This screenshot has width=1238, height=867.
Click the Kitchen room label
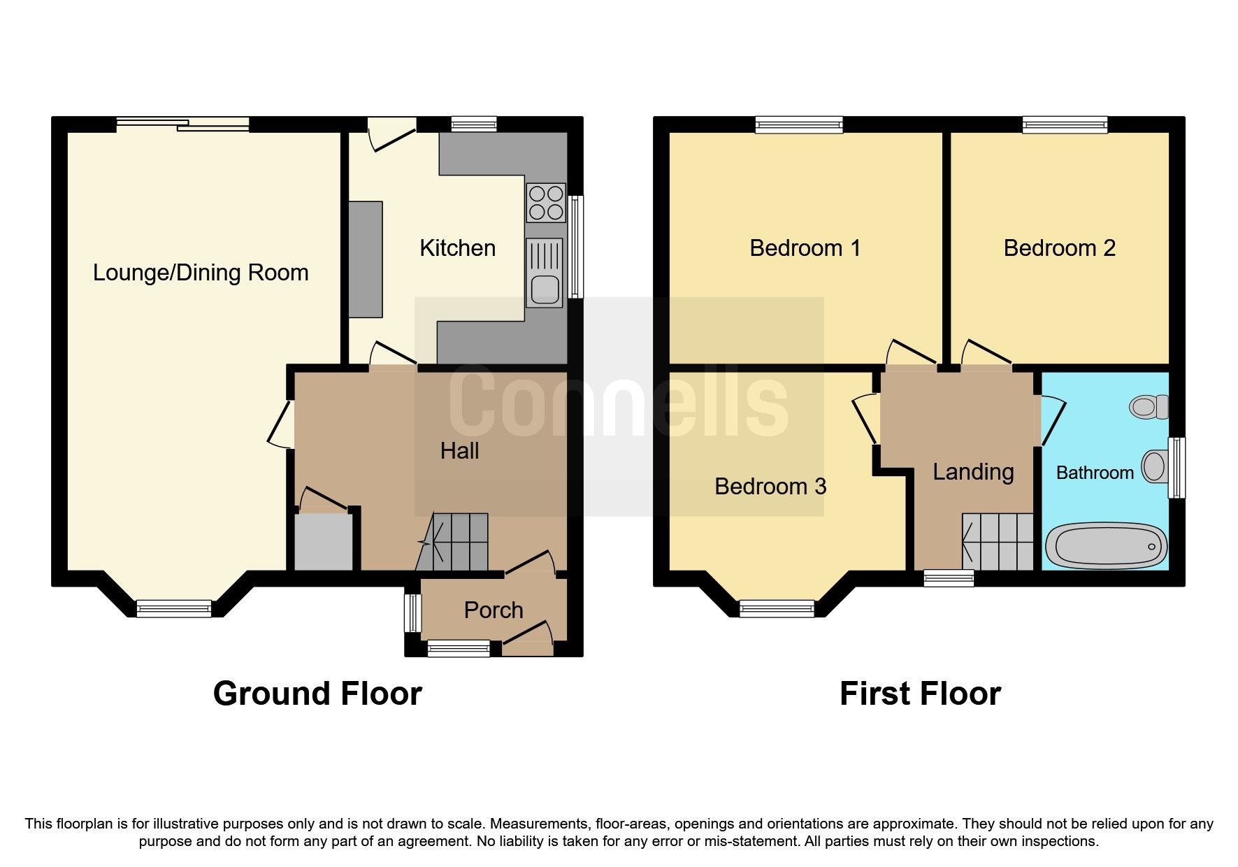457,248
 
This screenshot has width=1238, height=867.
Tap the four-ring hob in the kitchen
546,202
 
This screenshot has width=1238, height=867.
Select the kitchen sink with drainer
544,273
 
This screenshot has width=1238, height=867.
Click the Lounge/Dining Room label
201,273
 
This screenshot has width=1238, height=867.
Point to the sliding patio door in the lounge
183,124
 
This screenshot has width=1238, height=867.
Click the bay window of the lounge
174,608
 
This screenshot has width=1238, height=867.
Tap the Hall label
459,451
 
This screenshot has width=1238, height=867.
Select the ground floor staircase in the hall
459,542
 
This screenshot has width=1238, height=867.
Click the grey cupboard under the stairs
324,542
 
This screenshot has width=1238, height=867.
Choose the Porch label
493,610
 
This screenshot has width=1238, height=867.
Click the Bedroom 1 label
805,248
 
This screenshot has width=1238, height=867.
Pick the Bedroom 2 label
1059,248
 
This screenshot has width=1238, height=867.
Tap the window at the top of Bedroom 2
1065,125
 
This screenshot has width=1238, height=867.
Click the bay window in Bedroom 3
777,608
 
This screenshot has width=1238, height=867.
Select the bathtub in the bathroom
1105,546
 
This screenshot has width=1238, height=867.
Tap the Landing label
973,472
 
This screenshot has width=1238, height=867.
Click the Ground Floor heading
317,694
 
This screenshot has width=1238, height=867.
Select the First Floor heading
920,694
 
